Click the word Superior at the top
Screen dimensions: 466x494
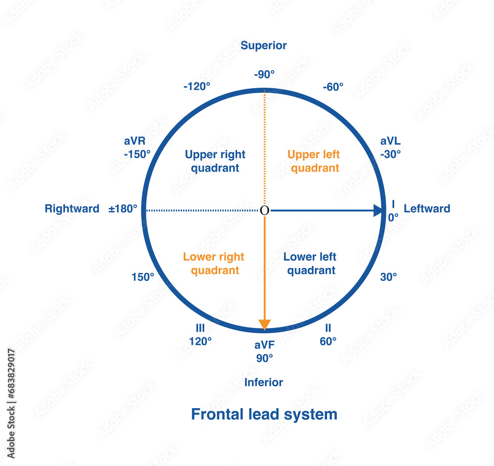click(x=263, y=46)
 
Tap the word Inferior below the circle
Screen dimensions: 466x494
click(x=264, y=382)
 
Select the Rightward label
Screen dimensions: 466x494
click(x=72, y=209)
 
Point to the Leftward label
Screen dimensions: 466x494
click(x=427, y=209)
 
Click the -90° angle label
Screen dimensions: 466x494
click(x=264, y=75)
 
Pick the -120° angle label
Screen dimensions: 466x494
click(x=197, y=86)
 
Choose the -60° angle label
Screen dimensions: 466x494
click(x=333, y=87)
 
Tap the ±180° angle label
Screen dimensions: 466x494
click(x=123, y=209)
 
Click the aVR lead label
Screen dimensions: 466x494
click(x=134, y=141)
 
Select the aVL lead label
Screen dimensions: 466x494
click(x=390, y=141)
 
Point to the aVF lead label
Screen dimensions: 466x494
click(x=265, y=345)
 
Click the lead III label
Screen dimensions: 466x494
click(x=200, y=328)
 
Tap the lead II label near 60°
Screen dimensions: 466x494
click(x=328, y=328)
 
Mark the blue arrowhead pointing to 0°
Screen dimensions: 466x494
click(x=378, y=211)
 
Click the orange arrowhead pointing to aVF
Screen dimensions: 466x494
click(x=265, y=325)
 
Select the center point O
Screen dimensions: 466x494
click(x=265, y=211)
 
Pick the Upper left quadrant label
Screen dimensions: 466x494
click(x=314, y=161)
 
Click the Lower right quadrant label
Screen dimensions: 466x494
click(x=214, y=264)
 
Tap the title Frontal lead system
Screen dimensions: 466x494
click(x=264, y=414)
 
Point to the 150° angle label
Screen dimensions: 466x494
click(x=143, y=277)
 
